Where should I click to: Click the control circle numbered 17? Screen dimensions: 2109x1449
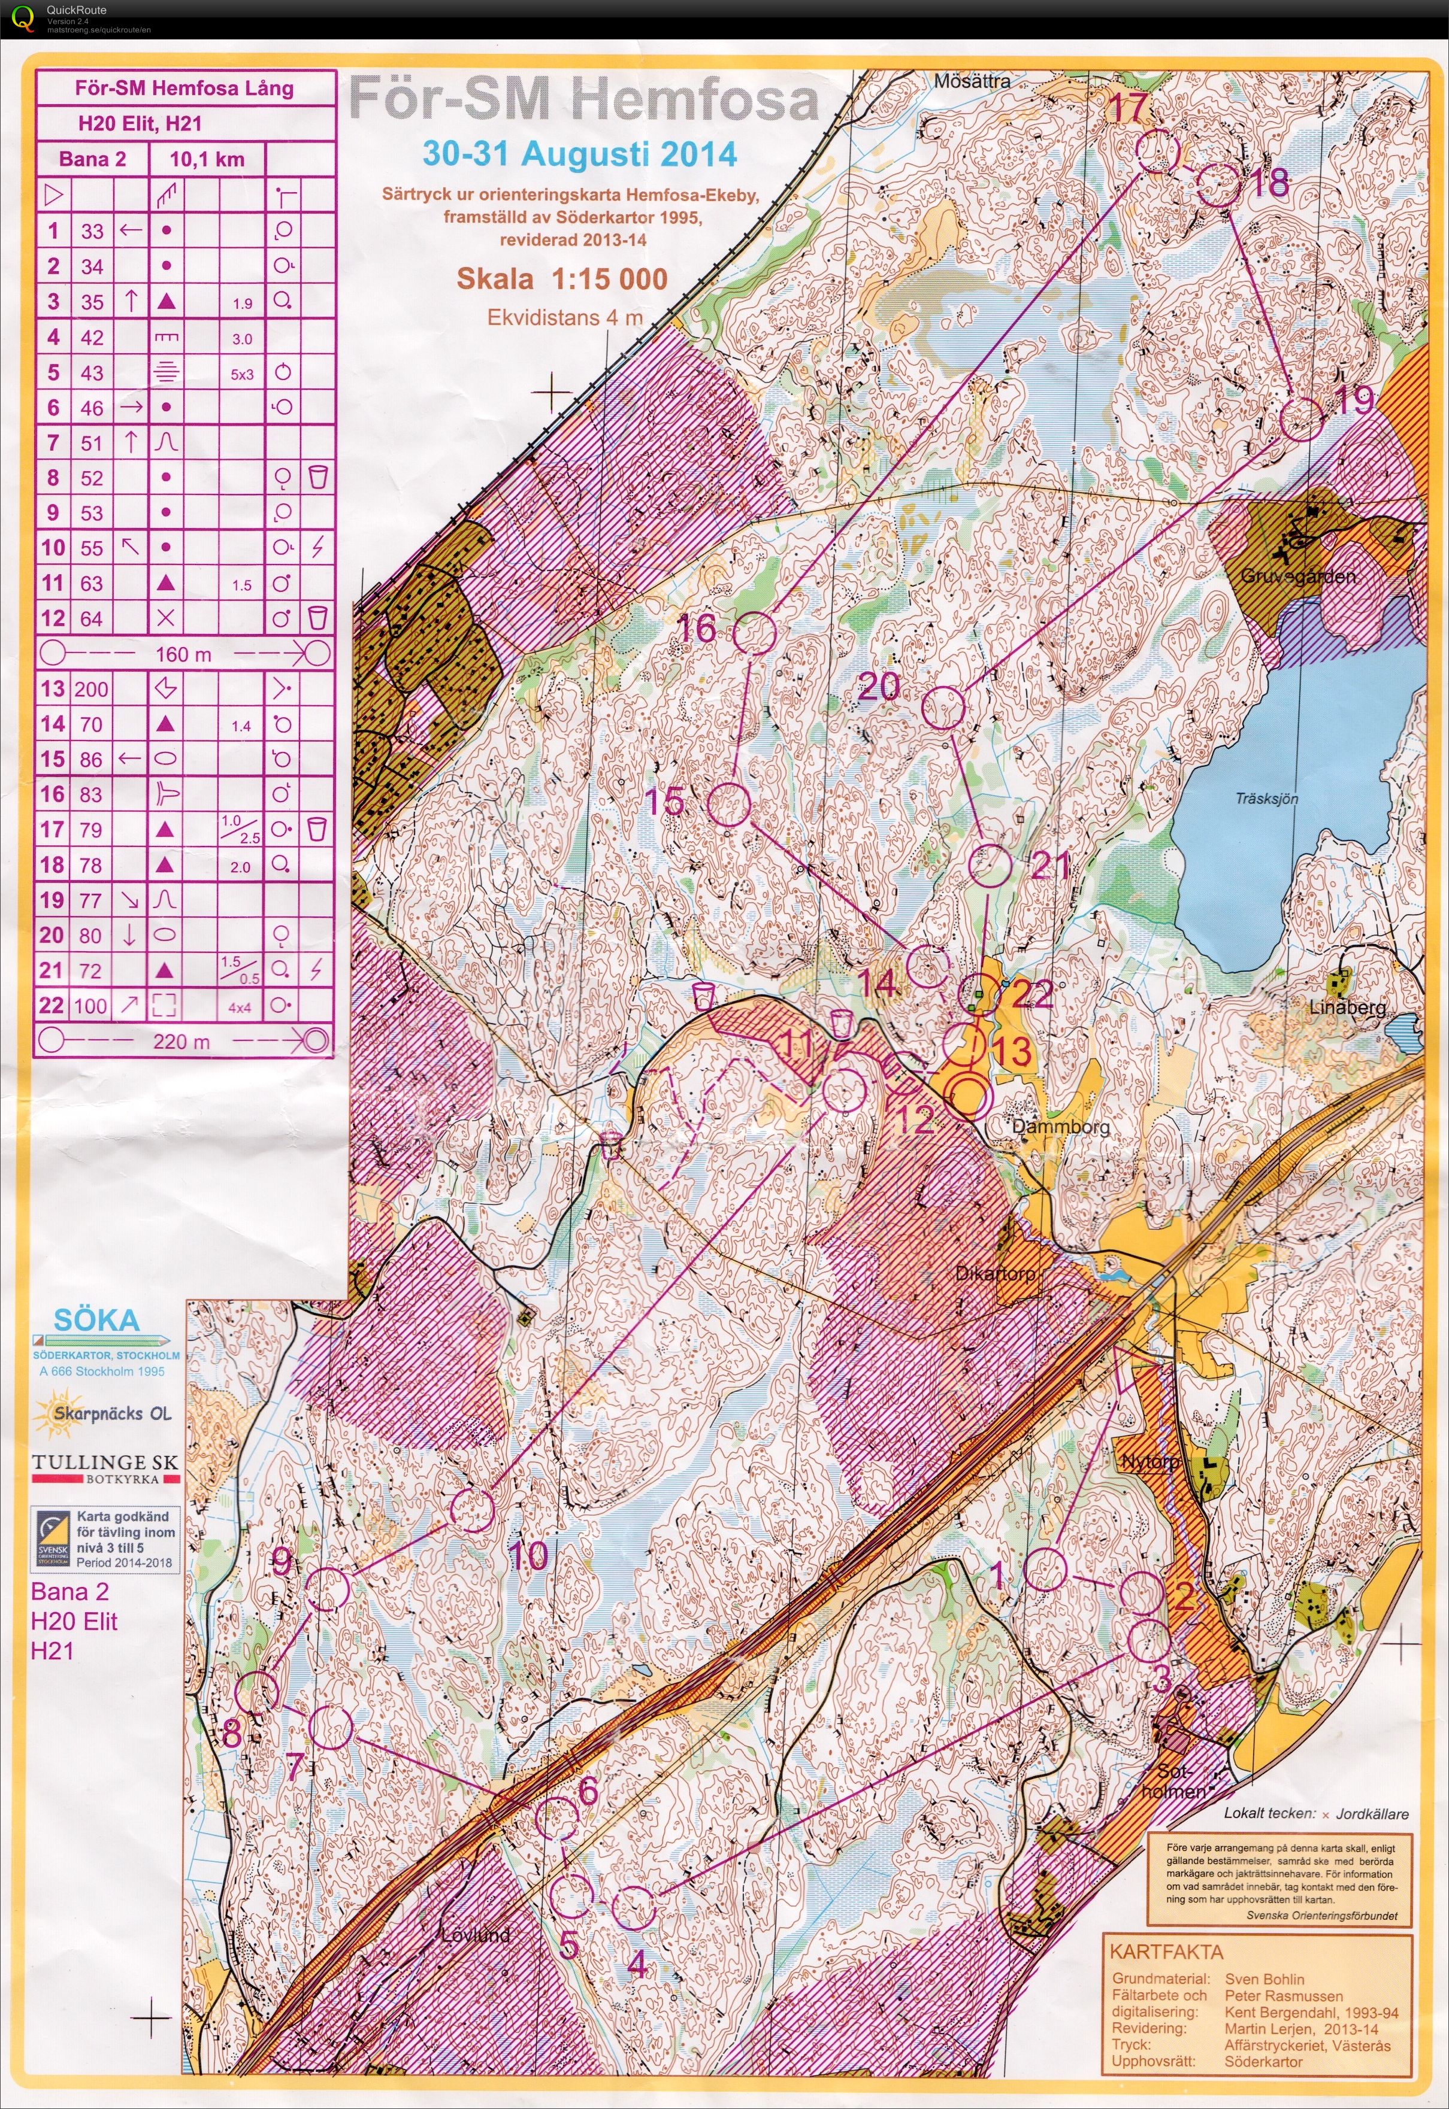pyautogui.click(x=1157, y=151)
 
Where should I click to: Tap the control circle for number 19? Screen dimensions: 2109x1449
pyautogui.click(x=1301, y=419)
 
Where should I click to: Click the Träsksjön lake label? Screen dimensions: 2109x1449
pyautogui.click(x=1266, y=799)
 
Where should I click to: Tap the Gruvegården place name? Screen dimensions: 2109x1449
pyautogui.click(x=1297, y=575)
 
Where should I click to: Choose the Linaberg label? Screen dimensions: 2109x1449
pyautogui.click(x=1347, y=1006)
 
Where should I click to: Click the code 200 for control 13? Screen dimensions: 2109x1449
pyautogui.click(x=91, y=689)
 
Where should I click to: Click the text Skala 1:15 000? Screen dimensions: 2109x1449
pyautogui.click(x=561, y=278)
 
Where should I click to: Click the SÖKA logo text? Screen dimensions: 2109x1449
pyautogui.click(x=96, y=1319)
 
